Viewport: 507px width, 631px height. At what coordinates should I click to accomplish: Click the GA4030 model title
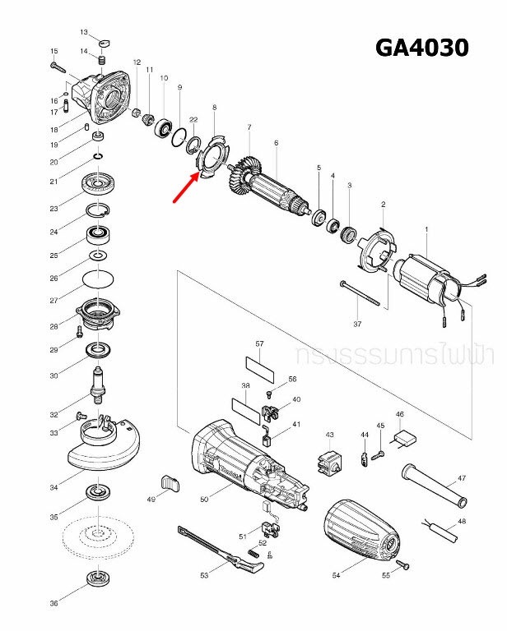click(421, 48)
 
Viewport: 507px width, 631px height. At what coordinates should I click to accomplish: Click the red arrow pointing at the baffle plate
click(184, 187)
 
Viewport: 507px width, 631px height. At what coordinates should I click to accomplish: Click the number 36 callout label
click(53, 604)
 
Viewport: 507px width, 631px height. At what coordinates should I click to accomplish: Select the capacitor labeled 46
click(406, 440)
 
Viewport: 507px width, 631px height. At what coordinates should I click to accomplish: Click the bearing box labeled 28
click(100, 315)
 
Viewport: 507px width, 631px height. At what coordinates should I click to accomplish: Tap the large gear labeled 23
click(100, 184)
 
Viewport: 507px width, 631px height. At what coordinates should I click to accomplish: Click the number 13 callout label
click(84, 32)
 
